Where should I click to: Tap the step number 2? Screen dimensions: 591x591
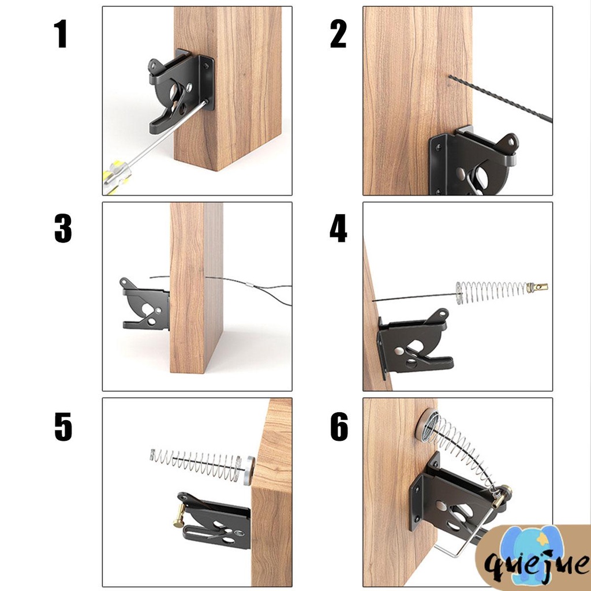click(x=338, y=34)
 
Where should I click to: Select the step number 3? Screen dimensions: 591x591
click(x=63, y=229)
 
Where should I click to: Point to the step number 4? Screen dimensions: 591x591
click(x=338, y=228)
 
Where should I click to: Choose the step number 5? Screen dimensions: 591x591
click(x=63, y=427)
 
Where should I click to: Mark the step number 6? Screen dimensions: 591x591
click(x=339, y=427)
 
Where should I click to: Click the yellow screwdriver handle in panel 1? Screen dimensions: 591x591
click(x=116, y=177)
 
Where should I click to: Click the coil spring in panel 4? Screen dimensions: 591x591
click(x=492, y=292)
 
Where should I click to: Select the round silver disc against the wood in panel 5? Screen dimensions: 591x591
click(x=248, y=470)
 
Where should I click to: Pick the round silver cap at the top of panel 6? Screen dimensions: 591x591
click(x=427, y=425)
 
